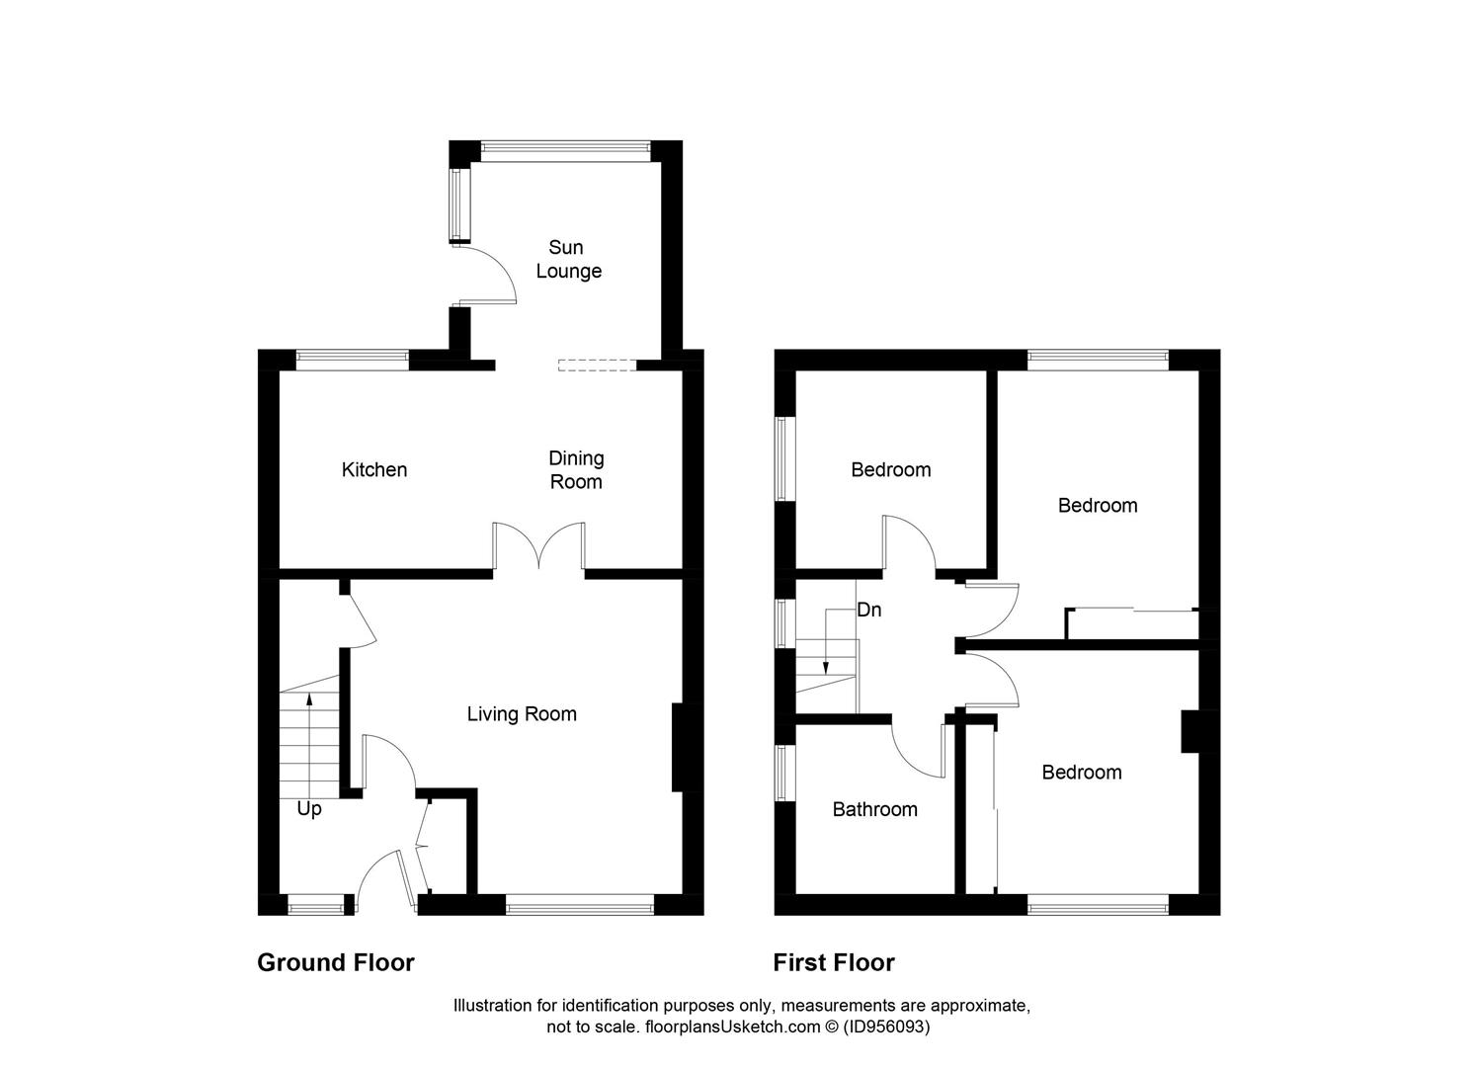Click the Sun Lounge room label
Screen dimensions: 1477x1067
click(x=568, y=259)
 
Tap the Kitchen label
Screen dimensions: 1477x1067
click(x=374, y=469)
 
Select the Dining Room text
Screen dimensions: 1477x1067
click(x=576, y=469)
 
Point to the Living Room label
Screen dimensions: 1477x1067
click(x=522, y=713)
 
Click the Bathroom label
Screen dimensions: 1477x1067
click(x=874, y=809)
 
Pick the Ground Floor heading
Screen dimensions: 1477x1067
click(x=336, y=962)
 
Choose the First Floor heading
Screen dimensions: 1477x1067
click(x=834, y=962)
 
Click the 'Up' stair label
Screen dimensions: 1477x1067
click(x=309, y=809)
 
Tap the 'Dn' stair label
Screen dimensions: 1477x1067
click(x=868, y=610)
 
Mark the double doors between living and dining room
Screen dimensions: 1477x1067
click(x=539, y=548)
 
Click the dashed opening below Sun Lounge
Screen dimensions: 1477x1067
click(x=597, y=365)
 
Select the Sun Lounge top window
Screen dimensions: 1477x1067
click(x=565, y=150)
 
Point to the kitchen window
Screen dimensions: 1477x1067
click(x=353, y=360)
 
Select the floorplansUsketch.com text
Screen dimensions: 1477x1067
click(x=732, y=1026)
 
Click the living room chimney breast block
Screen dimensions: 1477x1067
click(x=679, y=747)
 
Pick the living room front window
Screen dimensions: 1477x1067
click(x=580, y=902)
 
